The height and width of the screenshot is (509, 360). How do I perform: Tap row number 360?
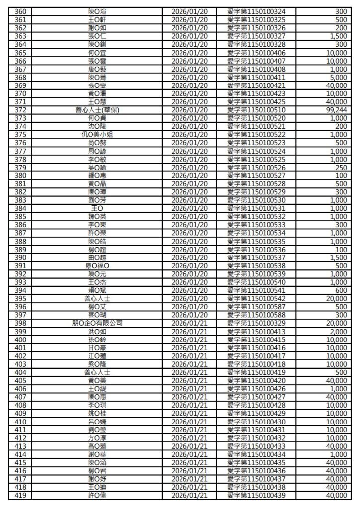(x=21, y=11)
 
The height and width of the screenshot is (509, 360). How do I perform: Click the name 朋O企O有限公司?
(x=97, y=323)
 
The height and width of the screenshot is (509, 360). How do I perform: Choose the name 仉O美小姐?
(x=97, y=135)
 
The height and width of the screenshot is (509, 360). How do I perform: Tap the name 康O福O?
(x=97, y=266)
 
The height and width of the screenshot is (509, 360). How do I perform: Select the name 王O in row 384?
(x=97, y=208)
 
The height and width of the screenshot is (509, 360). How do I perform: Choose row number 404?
(x=21, y=372)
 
